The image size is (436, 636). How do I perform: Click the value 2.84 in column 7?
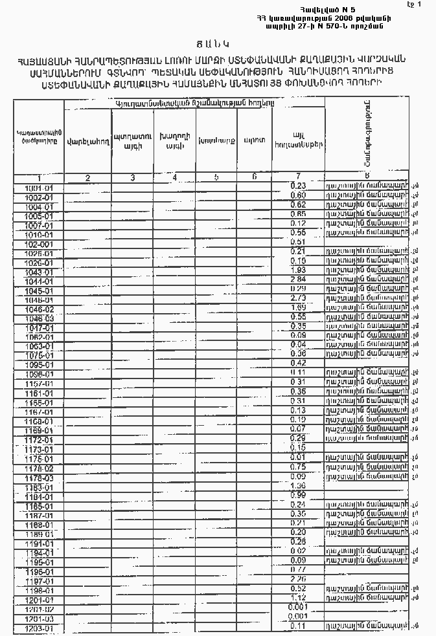point(298,279)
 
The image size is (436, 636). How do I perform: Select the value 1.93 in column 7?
point(298,270)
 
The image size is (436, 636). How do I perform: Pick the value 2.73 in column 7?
point(298,298)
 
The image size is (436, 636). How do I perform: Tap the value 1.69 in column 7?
point(298,307)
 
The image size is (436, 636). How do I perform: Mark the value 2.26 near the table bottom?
point(298,579)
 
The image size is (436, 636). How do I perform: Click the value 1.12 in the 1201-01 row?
point(298,598)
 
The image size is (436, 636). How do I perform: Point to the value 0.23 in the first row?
point(298,186)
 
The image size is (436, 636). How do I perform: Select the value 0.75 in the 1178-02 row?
point(298,466)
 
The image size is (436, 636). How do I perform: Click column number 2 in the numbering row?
point(87,177)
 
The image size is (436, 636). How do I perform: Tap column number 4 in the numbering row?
point(174,177)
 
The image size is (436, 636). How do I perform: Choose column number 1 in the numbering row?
point(40,177)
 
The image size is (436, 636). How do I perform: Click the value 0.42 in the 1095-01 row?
point(298,363)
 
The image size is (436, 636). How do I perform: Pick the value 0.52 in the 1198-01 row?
point(298,589)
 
